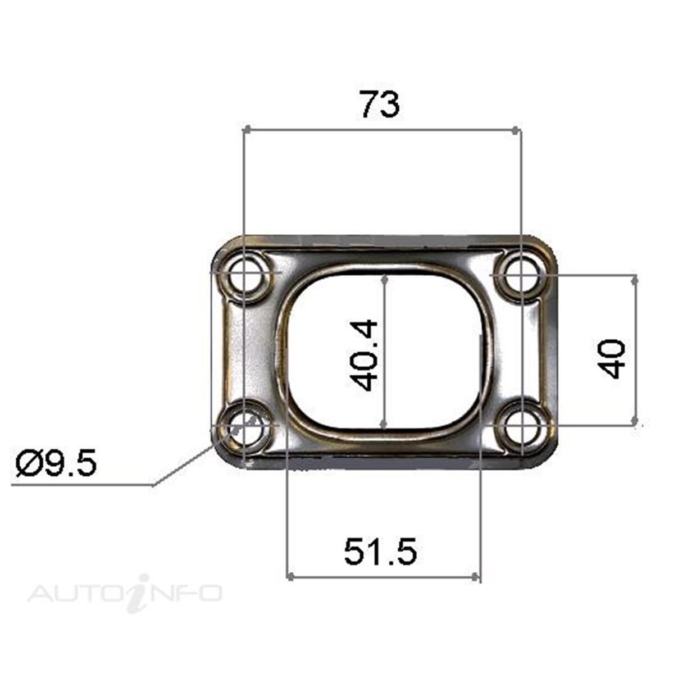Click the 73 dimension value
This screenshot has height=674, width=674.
[380, 105]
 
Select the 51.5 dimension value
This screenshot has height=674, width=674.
[380, 552]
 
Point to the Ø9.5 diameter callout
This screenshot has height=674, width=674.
[57, 464]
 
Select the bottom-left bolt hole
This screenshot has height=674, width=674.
[244, 430]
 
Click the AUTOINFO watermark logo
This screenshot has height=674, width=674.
[125, 593]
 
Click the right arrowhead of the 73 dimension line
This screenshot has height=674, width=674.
[516, 130]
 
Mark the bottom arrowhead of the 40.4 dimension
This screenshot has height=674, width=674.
[384, 424]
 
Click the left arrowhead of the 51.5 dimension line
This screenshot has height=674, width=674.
[290, 576]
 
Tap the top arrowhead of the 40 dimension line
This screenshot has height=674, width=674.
[635, 279]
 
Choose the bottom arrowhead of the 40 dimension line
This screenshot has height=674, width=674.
[635, 420]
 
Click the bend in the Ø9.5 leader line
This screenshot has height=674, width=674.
[153, 484]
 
